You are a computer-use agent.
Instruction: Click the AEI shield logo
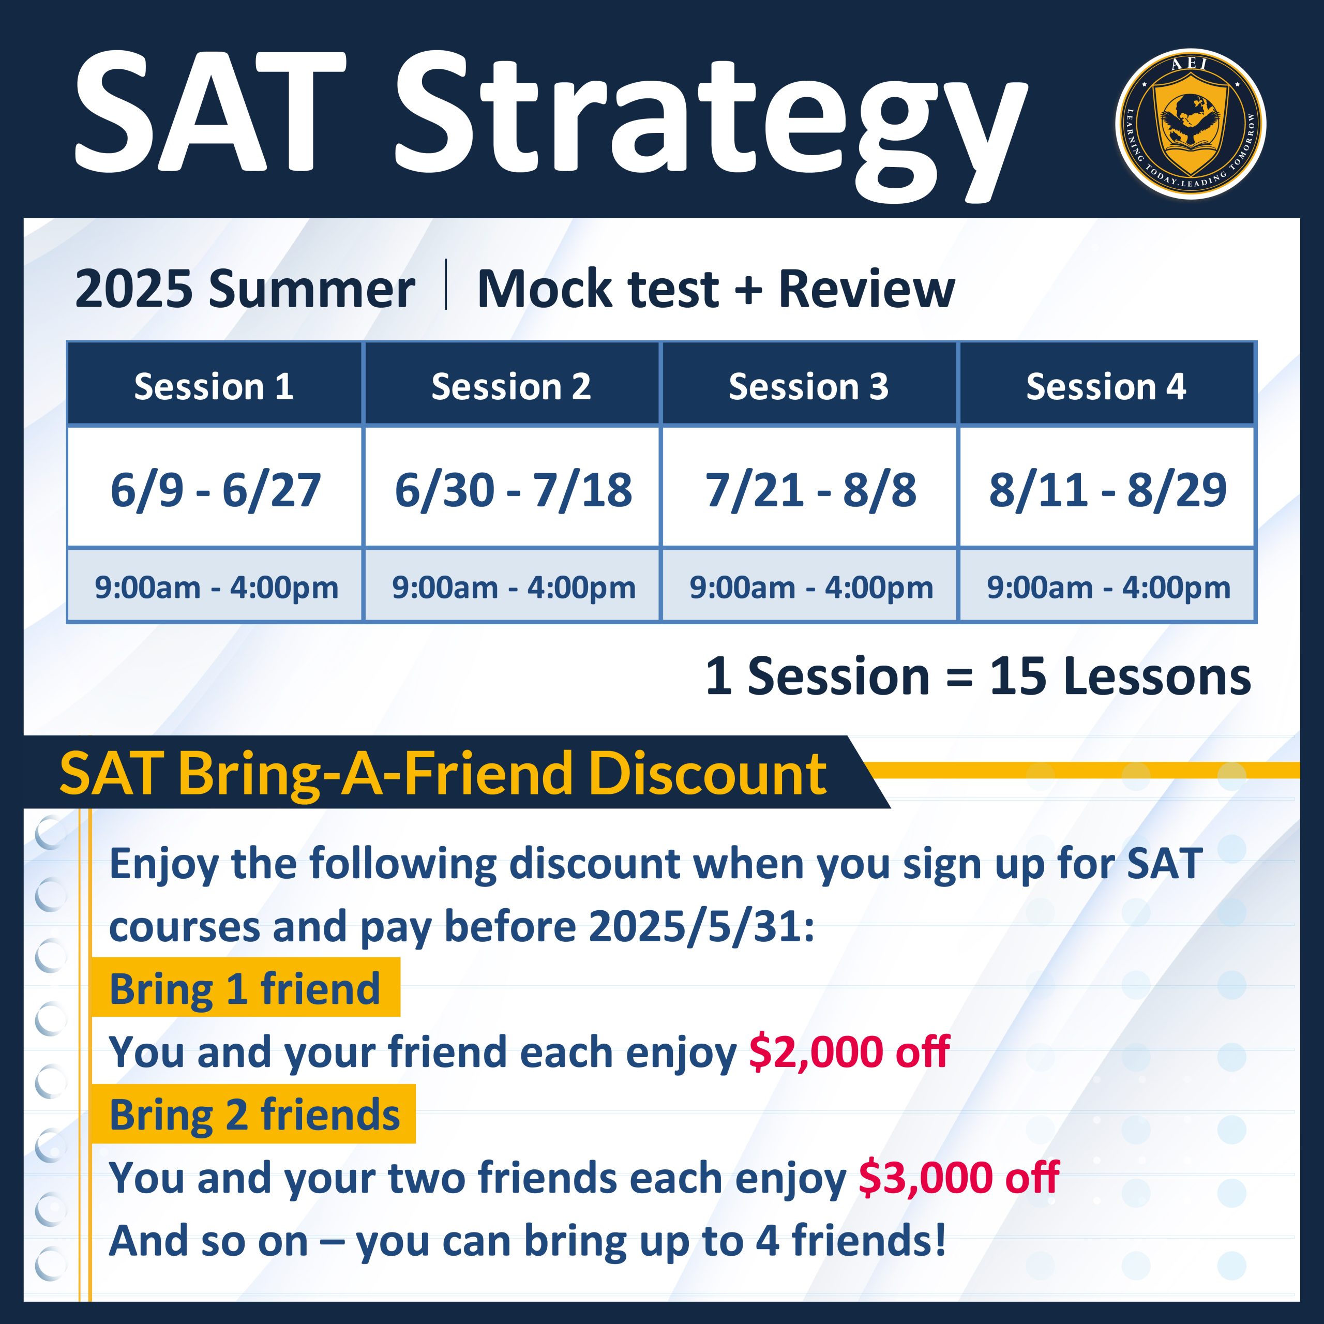coord(1191,124)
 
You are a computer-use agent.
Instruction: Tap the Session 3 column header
coord(809,384)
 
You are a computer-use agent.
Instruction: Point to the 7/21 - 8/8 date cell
coord(809,487)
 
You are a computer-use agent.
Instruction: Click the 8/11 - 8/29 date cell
coord(1107,487)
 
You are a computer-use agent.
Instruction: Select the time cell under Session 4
coord(1107,586)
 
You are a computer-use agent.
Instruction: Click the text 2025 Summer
coord(245,289)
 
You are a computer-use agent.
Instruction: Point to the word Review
coord(866,289)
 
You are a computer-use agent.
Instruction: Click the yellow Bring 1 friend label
coord(245,987)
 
